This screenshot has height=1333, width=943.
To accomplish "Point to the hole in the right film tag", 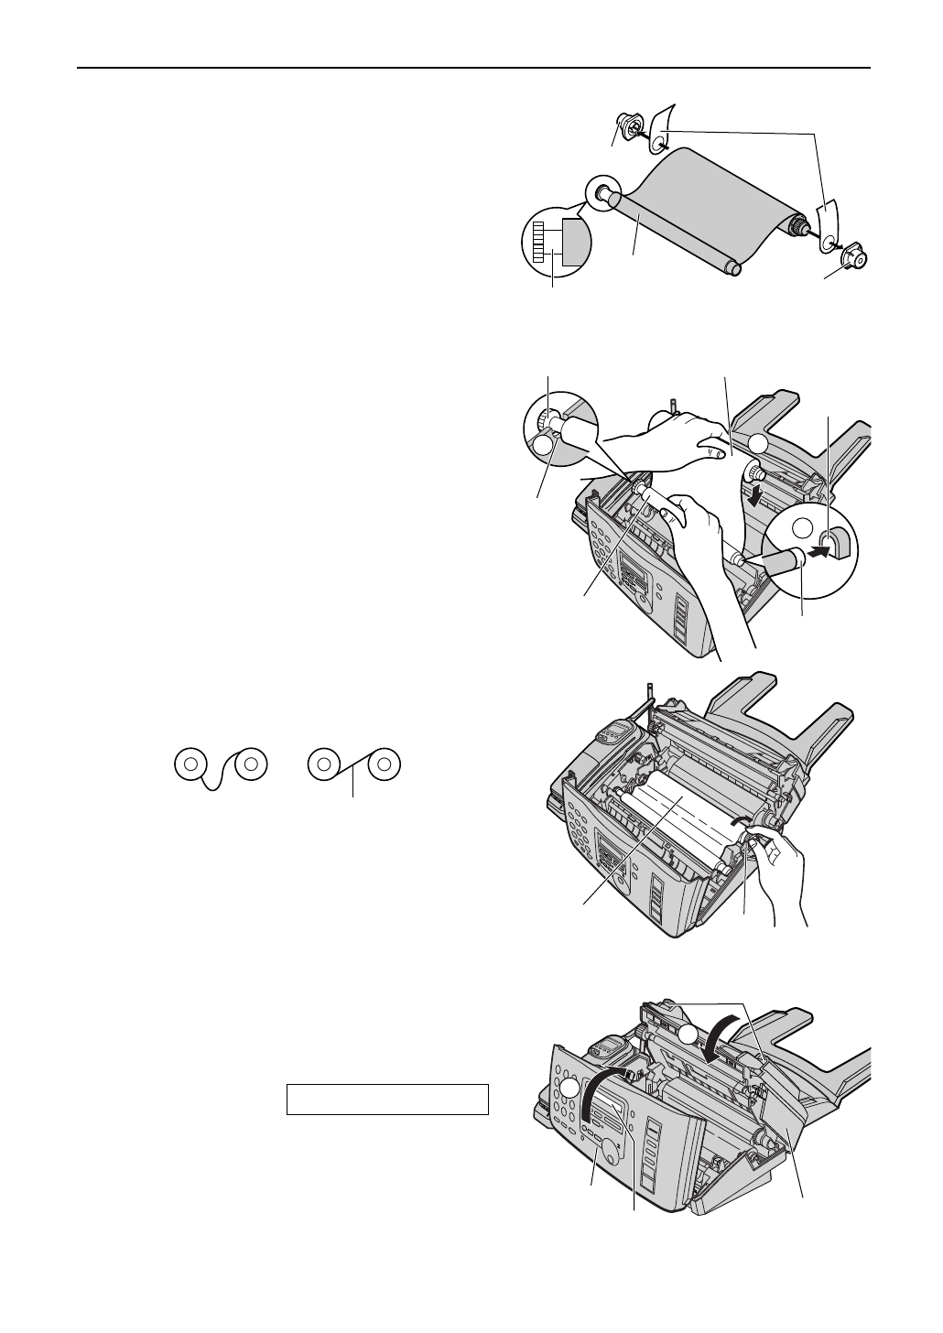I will [828, 243].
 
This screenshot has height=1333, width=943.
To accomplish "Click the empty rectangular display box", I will [387, 1099].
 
